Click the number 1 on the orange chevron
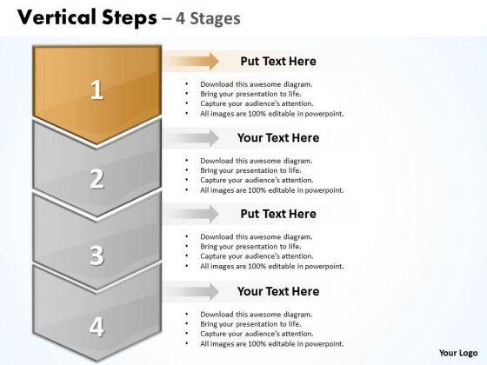tap(97, 90)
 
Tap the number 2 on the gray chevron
tap(97, 178)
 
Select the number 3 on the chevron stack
tap(97, 255)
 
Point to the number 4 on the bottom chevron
tap(97, 327)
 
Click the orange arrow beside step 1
tap(190, 61)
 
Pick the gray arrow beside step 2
tap(190, 138)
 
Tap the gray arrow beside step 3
tap(190, 214)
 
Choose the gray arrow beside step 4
tap(190, 291)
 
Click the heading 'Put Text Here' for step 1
tap(278, 61)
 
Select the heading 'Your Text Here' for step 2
tap(278, 138)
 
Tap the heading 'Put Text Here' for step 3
tap(278, 214)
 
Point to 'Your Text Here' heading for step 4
tap(278, 291)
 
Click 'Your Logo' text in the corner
tap(458, 353)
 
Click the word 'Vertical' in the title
tap(57, 17)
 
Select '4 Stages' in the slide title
tap(208, 18)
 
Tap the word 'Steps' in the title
tap(130, 18)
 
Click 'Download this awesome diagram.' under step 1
tap(257, 84)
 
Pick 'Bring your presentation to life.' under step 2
tap(250, 170)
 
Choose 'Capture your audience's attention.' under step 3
tap(257, 256)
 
